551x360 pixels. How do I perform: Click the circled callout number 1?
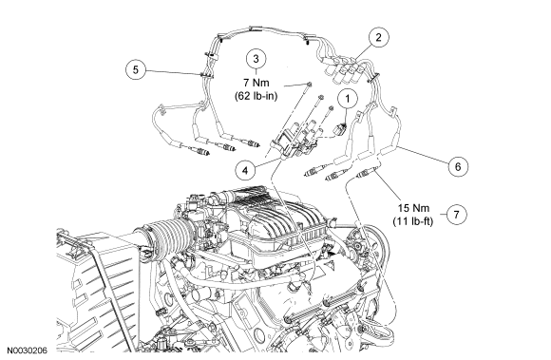(348, 99)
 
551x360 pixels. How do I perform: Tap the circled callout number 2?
(378, 37)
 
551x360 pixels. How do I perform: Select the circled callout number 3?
(256, 59)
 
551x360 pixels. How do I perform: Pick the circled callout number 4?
(245, 170)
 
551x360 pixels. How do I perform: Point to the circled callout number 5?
(136, 69)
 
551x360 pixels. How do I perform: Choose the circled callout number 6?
(458, 166)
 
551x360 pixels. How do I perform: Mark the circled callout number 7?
(456, 215)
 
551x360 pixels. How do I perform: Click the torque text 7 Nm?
(256, 83)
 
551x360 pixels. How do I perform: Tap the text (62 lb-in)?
(256, 96)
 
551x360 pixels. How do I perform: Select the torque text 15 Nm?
(413, 208)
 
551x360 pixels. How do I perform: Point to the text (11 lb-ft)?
(413, 221)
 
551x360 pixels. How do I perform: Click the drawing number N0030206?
(27, 351)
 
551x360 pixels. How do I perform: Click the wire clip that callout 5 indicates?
(206, 75)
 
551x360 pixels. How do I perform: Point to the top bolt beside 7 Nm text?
(309, 85)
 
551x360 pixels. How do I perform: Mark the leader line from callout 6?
(423, 155)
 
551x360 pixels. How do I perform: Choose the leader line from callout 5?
(173, 72)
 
